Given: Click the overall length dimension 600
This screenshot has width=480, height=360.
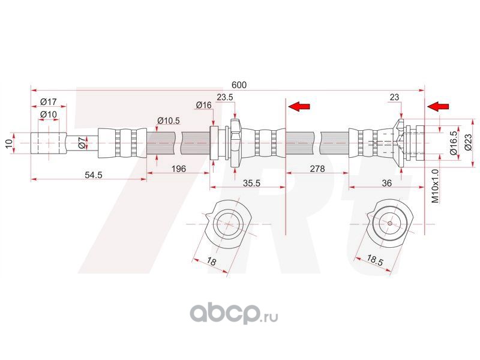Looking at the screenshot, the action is tap(239, 85).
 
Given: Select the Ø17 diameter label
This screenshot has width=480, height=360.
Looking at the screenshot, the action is tap(49, 101).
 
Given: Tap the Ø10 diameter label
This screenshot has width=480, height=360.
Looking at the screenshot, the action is tap(49, 114).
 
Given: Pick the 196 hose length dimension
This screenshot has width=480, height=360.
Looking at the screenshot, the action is tap(178, 169).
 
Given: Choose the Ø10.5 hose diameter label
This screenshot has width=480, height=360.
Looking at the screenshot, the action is tap(169, 121).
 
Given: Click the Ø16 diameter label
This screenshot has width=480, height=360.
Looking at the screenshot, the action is tap(204, 106).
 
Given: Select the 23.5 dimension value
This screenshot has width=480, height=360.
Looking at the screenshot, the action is tap(225, 97).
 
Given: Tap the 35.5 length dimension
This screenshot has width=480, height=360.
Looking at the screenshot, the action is tap(250, 184).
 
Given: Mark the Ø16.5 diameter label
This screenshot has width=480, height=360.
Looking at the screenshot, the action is tap(454, 143).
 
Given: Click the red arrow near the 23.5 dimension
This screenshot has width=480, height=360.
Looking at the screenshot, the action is tap(299, 106).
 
